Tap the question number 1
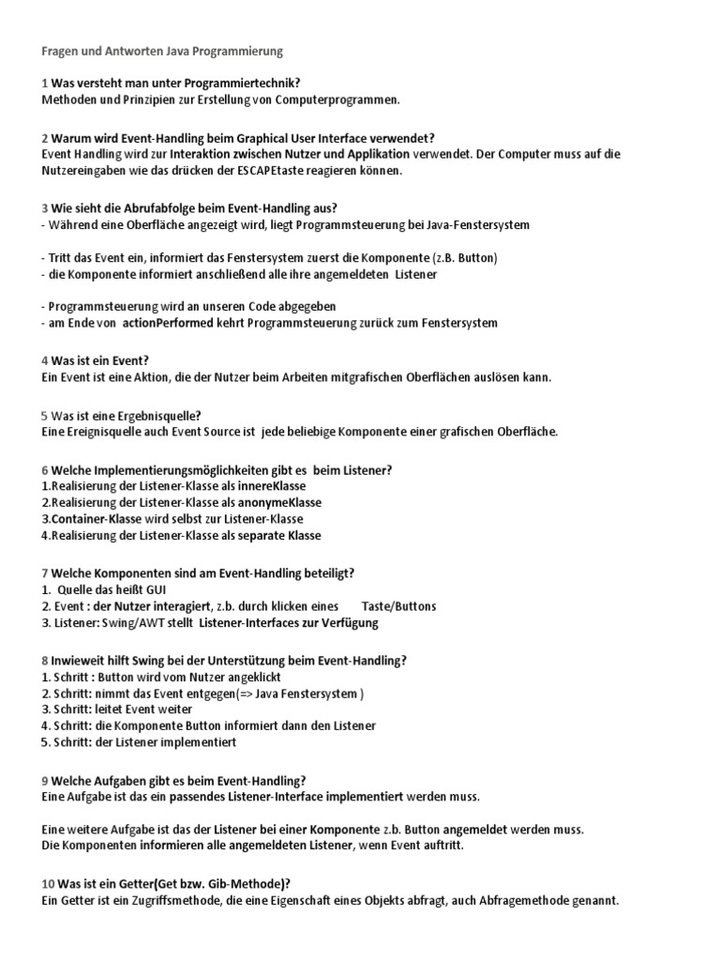click(44, 84)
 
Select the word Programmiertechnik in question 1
click(245, 84)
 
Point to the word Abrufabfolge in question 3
click(149, 207)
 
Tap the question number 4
click(45, 360)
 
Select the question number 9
click(45, 781)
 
